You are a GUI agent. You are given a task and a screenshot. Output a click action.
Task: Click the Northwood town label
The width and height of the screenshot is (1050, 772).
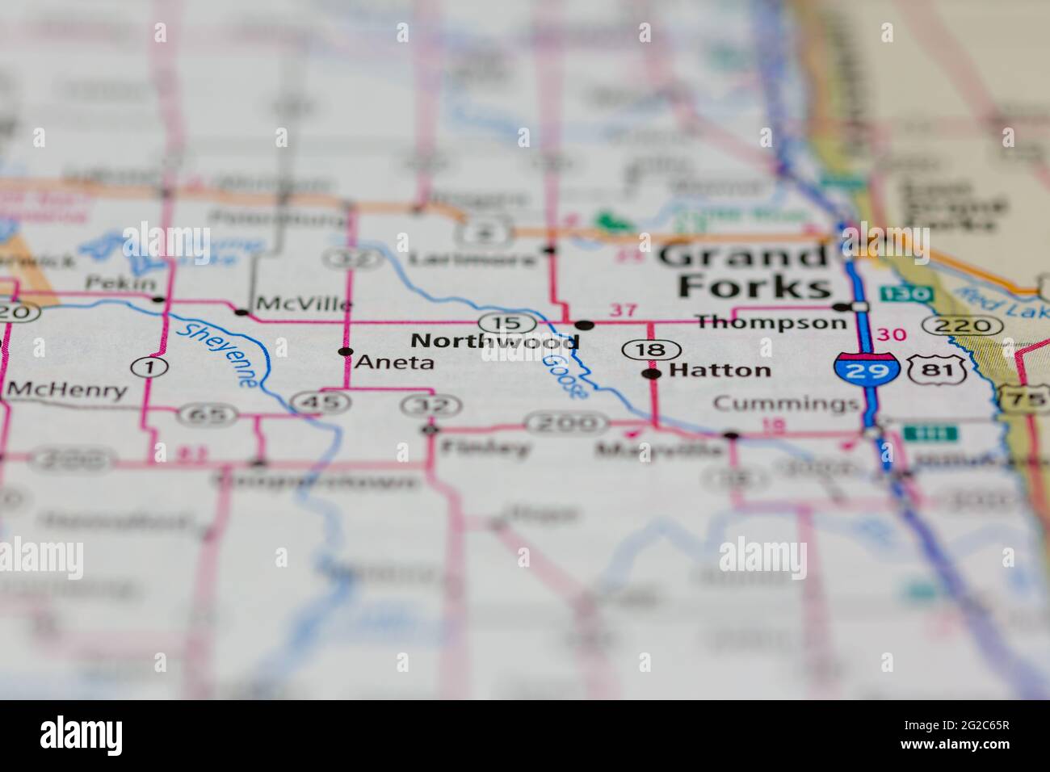click(x=494, y=342)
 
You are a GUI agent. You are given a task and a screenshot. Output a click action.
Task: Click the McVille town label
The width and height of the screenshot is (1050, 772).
click(x=304, y=304)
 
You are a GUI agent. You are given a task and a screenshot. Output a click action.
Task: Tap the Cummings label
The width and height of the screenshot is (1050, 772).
click(x=786, y=404)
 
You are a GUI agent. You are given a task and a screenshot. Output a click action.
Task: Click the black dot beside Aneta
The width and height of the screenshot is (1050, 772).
click(x=346, y=352)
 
